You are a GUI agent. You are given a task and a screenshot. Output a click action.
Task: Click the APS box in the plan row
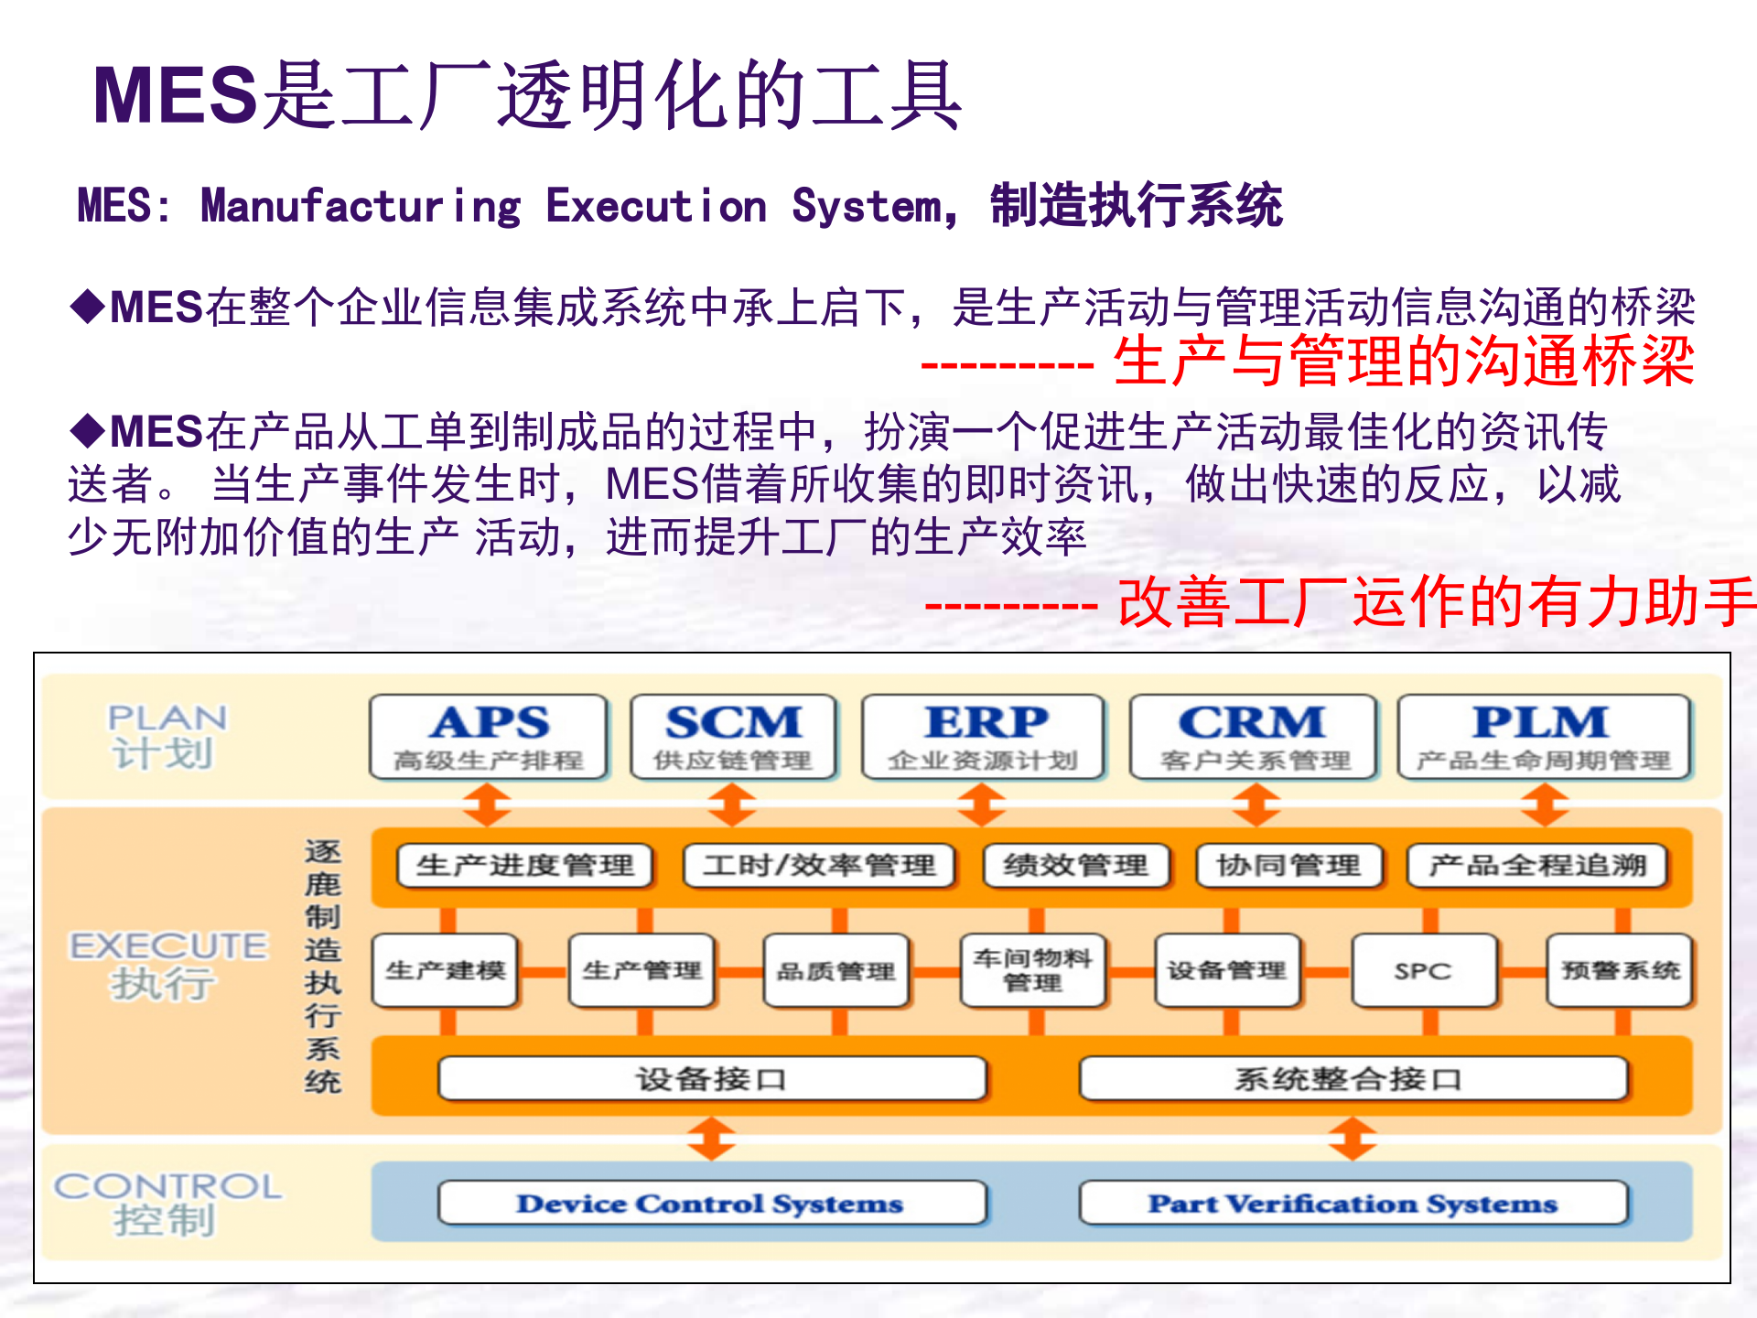point(489,737)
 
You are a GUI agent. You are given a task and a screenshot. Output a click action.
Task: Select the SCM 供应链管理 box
point(733,737)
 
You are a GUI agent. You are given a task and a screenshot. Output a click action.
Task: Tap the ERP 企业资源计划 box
point(984,737)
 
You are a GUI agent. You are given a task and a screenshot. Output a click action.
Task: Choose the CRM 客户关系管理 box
point(1254,737)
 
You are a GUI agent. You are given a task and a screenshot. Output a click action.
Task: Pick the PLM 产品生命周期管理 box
point(1544,737)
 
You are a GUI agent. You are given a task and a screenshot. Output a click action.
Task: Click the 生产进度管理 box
point(525,866)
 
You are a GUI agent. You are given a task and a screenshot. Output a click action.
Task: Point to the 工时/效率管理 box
point(819,866)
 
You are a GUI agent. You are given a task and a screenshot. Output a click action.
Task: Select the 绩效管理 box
point(1076,866)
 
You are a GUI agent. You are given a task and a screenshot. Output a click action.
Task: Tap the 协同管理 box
point(1288,866)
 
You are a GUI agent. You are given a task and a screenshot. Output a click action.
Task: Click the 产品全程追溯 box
point(1537,866)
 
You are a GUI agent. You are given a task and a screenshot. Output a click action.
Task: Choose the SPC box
point(1424,971)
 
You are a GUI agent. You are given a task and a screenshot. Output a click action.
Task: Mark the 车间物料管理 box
point(1033,971)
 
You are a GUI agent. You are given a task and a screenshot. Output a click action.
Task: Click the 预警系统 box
point(1620,971)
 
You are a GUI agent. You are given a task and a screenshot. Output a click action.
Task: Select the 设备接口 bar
point(712,1079)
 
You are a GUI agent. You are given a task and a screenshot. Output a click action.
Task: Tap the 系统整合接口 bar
point(1353,1079)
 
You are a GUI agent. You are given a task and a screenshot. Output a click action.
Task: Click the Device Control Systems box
point(712,1203)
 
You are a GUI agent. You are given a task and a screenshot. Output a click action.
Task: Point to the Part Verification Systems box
point(1353,1203)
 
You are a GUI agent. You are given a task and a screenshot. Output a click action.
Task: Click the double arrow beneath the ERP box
point(981,805)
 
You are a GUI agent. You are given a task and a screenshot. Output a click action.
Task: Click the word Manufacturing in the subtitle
point(361,206)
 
